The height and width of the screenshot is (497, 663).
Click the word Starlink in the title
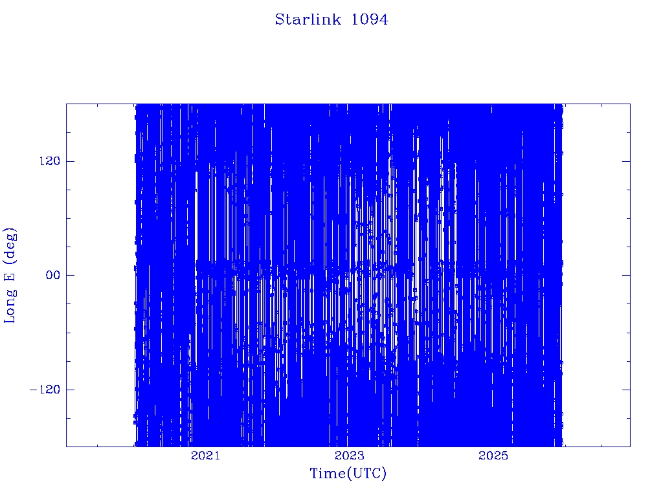coord(308,19)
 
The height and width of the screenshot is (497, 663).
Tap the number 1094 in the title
coord(370,19)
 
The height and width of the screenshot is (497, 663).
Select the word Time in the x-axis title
coord(328,473)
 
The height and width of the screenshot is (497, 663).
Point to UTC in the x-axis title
coord(366,473)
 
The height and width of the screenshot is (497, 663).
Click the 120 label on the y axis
coord(50,161)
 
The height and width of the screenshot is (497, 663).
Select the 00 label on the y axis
coord(53,275)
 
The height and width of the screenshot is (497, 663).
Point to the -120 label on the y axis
coord(45,389)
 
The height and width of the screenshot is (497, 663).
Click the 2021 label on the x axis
coord(205,455)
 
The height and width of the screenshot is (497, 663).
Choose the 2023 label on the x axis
coord(349,455)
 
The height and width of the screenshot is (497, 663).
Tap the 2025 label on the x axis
coord(493,455)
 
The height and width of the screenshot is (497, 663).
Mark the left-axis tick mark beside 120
coord(70,161)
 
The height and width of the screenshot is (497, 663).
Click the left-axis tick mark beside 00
coord(70,275)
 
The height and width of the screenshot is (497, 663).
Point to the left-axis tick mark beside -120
coord(70,389)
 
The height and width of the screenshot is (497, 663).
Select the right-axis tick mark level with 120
coord(626,161)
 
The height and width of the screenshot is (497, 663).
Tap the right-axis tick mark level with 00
coord(626,275)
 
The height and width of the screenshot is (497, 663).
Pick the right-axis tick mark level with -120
coord(626,389)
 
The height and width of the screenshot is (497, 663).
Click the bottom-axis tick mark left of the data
coord(97,445)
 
